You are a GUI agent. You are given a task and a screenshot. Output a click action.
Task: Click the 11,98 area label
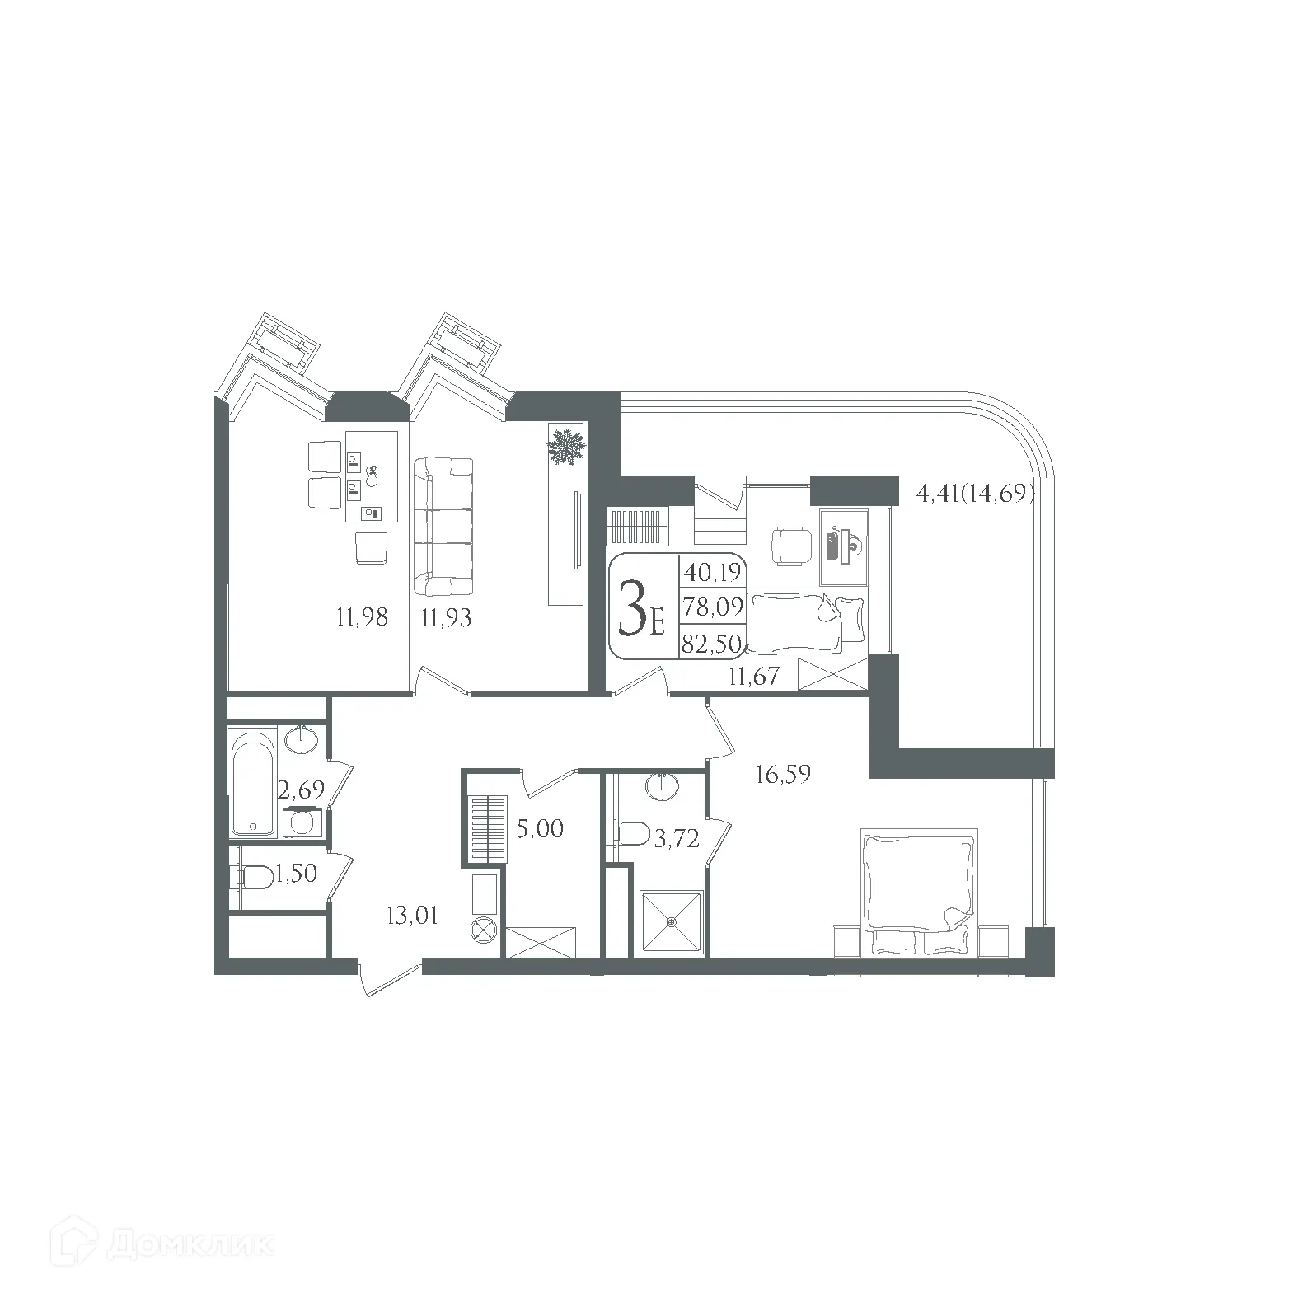coord(362,616)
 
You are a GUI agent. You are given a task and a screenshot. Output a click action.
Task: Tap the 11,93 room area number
coord(446,616)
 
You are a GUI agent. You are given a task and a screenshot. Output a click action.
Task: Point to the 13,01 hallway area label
coord(412,915)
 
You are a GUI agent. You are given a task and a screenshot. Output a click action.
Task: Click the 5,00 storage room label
coord(540,828)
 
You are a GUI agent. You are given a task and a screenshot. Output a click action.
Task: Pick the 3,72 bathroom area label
coord(676,839)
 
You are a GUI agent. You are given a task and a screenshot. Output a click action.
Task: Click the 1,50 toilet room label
coord(297,874)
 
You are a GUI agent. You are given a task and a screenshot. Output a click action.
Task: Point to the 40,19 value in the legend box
coord(712,571)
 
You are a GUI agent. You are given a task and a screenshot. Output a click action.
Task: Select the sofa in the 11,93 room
coord(443,527)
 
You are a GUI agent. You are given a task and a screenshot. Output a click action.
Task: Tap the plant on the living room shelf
coord(566,448)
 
